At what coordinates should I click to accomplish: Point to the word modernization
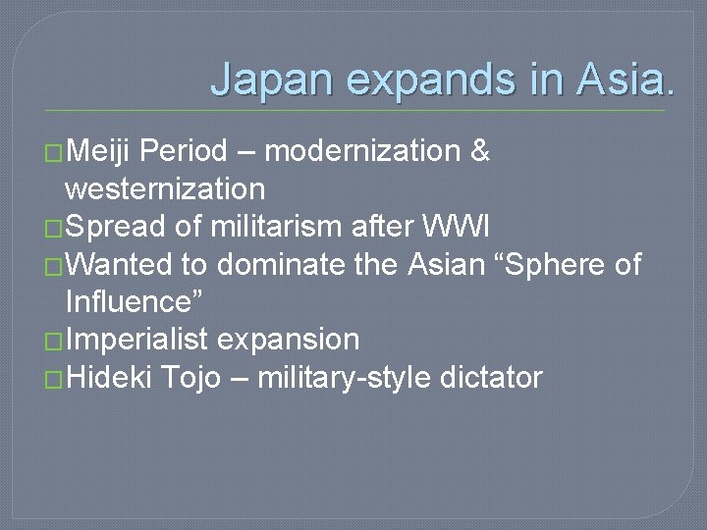point(362,152)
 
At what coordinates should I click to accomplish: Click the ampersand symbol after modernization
point(480,152)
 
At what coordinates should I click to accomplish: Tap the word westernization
point(165,188)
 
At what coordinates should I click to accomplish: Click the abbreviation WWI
point(463,227)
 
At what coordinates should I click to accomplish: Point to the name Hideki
point(109,377)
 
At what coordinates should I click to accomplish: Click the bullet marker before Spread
point(54,228)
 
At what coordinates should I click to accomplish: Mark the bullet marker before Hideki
point(54,378)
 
